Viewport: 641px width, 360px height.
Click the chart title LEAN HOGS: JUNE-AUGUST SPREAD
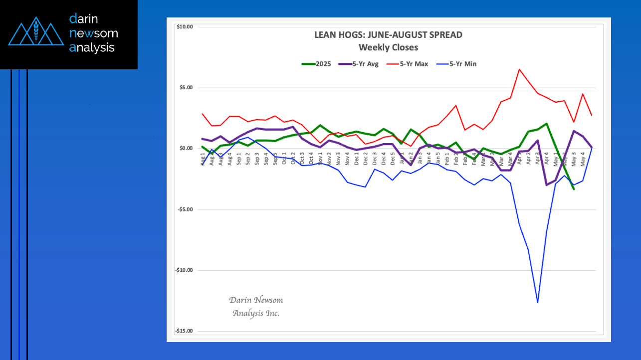tap(388, 35)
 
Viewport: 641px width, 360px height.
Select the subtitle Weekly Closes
tap(388, 48)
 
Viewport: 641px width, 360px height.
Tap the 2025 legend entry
tap(316, 64)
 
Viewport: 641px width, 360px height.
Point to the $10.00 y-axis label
tap(185, 27)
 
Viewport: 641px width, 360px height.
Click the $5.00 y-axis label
tap(186, 88)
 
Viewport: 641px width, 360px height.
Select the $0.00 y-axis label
tap(186, 149)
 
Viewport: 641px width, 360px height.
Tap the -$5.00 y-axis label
tap(185, 209)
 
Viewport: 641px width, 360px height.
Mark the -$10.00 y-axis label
tap(184, 270)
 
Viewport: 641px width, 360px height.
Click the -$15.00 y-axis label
tap(184, 331)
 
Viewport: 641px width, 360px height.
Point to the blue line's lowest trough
tap(538, 302)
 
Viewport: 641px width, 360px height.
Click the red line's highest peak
tap(519, 69)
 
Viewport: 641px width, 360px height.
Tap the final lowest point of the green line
tap(574, 189)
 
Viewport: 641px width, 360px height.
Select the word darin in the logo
tap(84, 19)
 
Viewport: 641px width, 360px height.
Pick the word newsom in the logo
tap(94, 33)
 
